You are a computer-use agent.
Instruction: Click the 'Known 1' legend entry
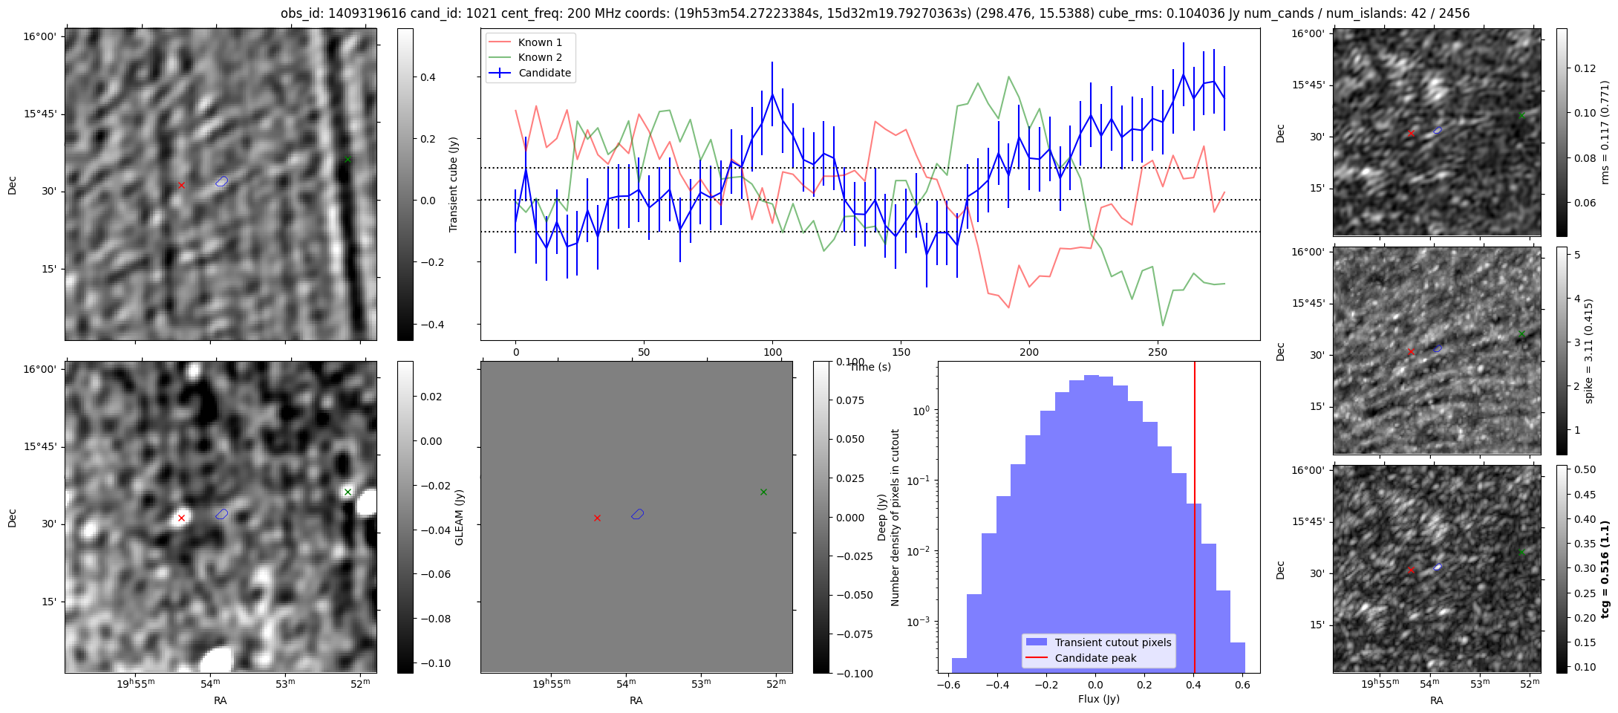click(539, 42)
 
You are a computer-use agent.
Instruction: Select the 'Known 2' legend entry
click(539, 57)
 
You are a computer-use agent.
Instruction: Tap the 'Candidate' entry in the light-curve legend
click(544, 73)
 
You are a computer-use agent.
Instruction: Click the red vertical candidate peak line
click(1194, 520)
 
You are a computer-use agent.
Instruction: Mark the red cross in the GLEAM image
click(181, 518)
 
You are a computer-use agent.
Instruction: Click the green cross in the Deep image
click(763, 492)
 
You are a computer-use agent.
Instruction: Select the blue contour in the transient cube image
click(222, 181)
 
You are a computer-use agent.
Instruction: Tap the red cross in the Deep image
click(597, 518)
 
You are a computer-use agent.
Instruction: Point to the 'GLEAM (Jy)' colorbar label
click(459, 517)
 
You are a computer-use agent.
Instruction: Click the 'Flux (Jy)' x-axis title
click(1098, 699)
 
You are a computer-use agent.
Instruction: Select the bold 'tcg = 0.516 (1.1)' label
click(1605, 569)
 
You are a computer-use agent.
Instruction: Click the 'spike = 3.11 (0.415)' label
click(1588, 351)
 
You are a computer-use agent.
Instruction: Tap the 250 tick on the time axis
click(1158, 352)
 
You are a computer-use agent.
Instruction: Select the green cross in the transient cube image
click(348, 160)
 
